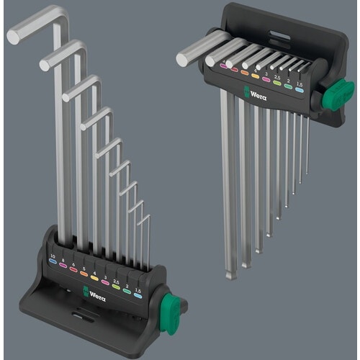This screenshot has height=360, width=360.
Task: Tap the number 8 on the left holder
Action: pyautogui.click(x=65, y=261)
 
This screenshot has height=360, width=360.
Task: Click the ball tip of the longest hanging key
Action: pyautogui.click(x=229, y=274)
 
